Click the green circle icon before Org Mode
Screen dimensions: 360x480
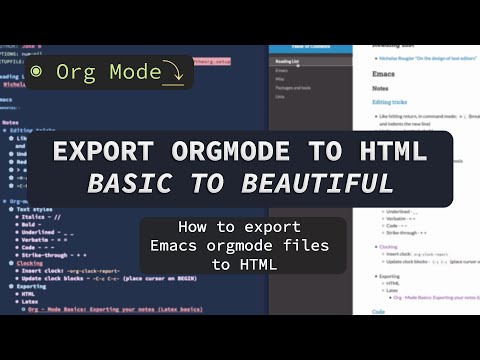click(37, 71)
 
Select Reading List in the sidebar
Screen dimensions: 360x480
click(291, 61)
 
